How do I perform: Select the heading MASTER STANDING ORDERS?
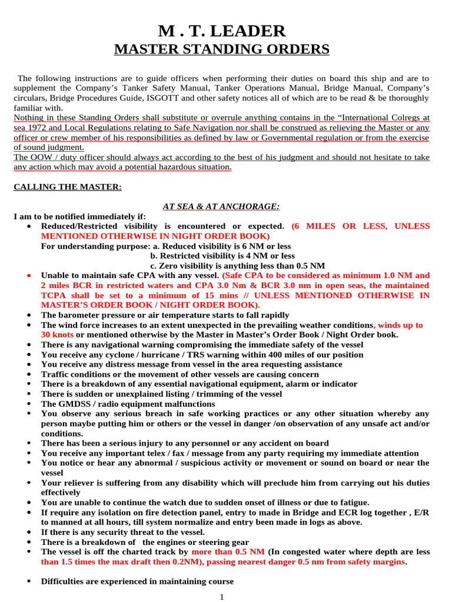[221, 49]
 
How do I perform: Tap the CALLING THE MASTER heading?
[68, 186]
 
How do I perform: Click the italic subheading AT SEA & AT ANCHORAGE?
[221, 206]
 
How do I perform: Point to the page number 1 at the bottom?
[222, 597]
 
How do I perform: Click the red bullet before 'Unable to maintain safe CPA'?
[29, 275]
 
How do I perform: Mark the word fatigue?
[352, 503]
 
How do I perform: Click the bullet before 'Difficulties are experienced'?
[29, 581]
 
